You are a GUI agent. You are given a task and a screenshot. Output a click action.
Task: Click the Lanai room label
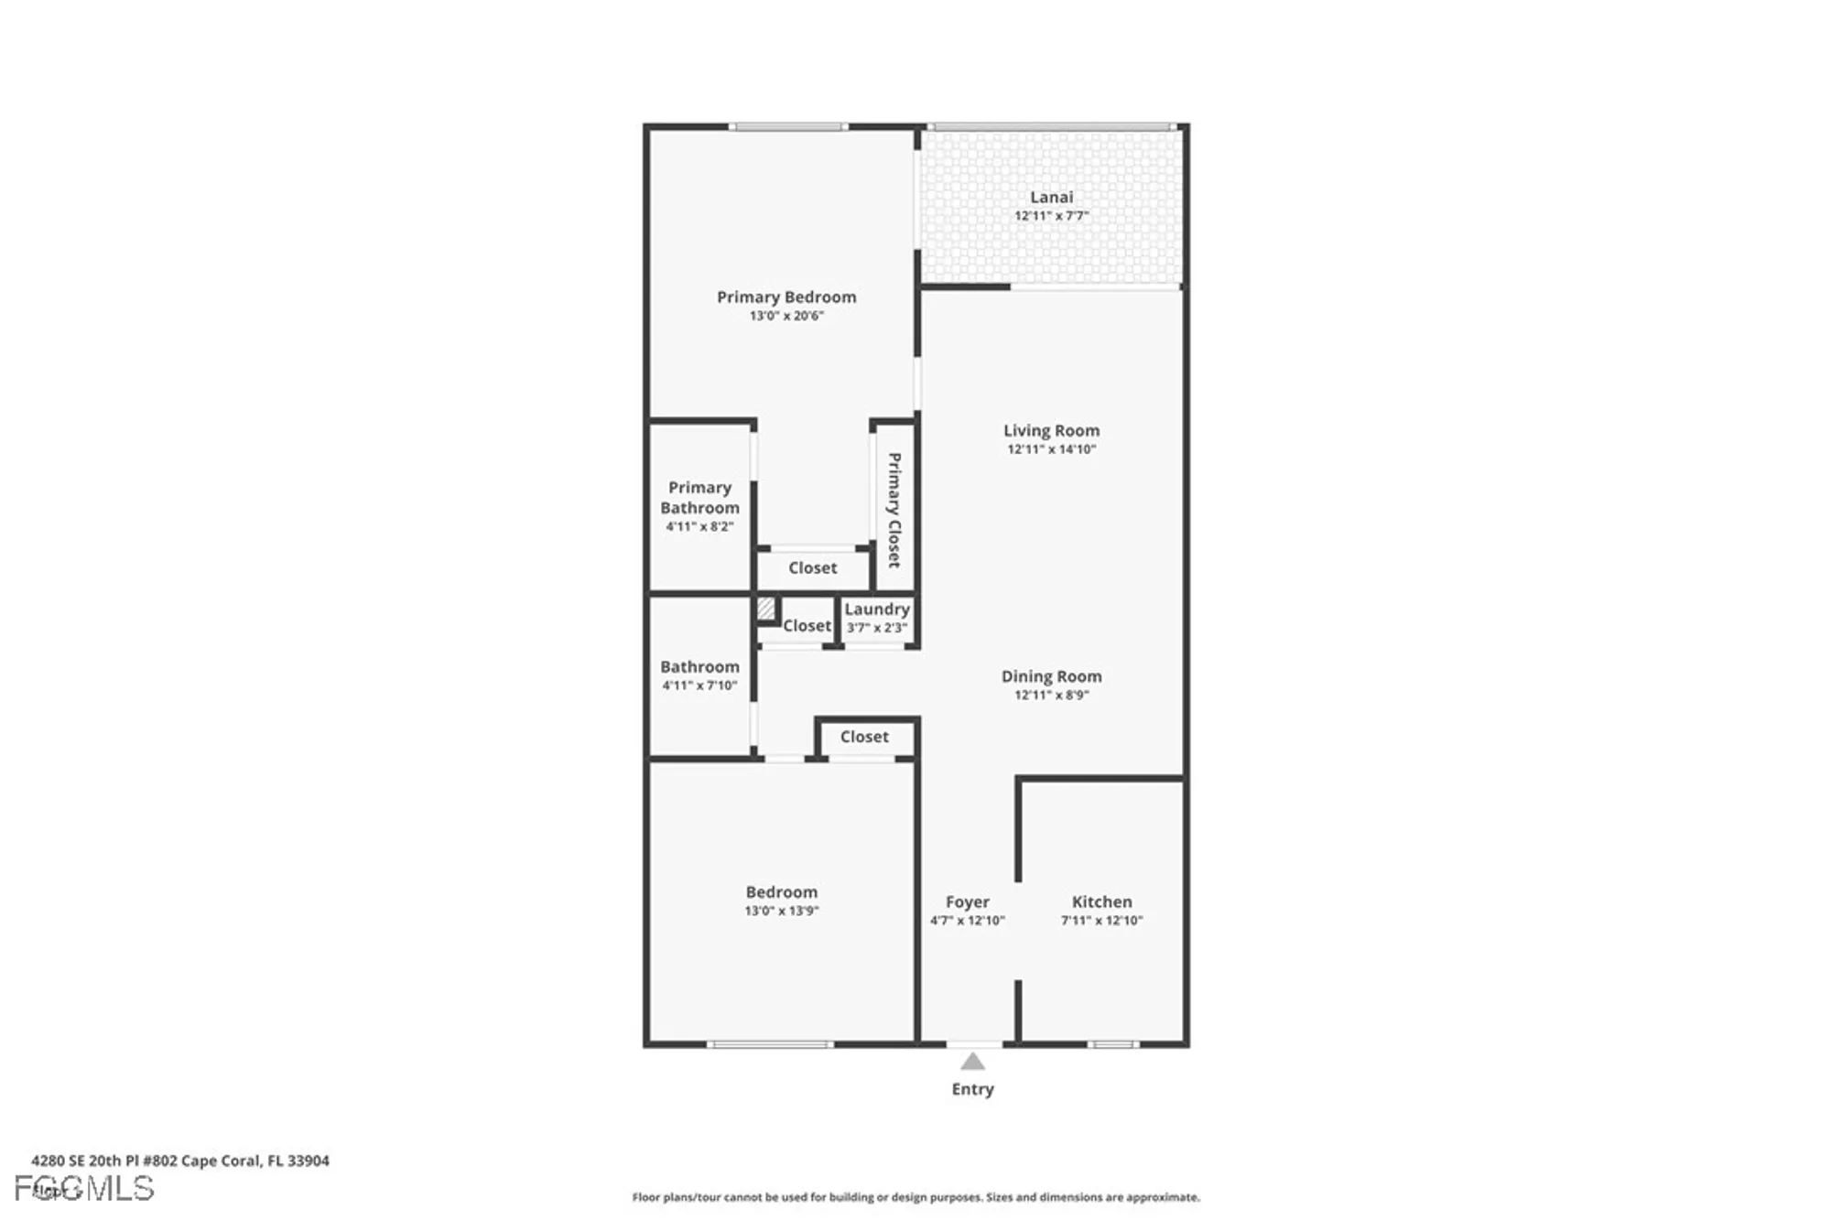pyautogui.click(x=1051, y=197)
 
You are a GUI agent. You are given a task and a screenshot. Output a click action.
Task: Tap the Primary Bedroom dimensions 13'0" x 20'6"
pyautogui.click(x=786, y=316)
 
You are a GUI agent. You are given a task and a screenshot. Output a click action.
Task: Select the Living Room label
pyautogui.click(x=1051, y=430)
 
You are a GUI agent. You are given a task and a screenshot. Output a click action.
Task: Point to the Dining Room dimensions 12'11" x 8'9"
pyautogui.click(x=1051, y=695)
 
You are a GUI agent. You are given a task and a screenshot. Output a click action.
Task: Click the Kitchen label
pyautogui.click(x=1101, y=902)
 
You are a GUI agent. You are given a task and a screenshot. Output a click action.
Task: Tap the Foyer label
pyautogui.click(x=967, y=902)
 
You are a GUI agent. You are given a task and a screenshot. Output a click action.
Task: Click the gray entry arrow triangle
pyautogui.click(x=972, y=1062)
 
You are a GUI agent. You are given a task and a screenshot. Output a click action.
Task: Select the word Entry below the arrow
pyautogui.click(x=972, y=1089)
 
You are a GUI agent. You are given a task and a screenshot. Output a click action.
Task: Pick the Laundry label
pyautogui.click(x=876, y=609)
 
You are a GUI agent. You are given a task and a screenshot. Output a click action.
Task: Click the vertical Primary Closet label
pyautogui.click(x=894, y=510)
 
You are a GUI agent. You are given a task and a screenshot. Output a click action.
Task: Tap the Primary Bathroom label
pyautogui.click(x=699, y=498)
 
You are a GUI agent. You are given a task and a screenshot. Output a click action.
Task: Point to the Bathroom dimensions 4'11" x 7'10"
pyautogui.click(x=699, y=686)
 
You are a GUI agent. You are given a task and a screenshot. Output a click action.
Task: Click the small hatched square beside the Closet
pyautogui.click(x=766, y=608)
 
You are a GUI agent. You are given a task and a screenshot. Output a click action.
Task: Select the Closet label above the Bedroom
pyautogui.click(x=863, y=737)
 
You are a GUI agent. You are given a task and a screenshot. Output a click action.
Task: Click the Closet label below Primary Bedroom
pyautogui.click(x=812, y=567)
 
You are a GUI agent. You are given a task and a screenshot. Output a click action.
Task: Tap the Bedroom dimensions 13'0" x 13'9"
pyautogui.click(x=781, y=911)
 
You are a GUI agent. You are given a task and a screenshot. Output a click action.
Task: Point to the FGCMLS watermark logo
pyautogui.click(x=84, y=1189)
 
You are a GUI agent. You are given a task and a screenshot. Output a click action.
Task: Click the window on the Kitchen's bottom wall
pyautogui.click(x=1113, y=1044)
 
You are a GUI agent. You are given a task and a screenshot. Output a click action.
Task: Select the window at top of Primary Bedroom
pyautogui.click(x=788, y=127)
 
